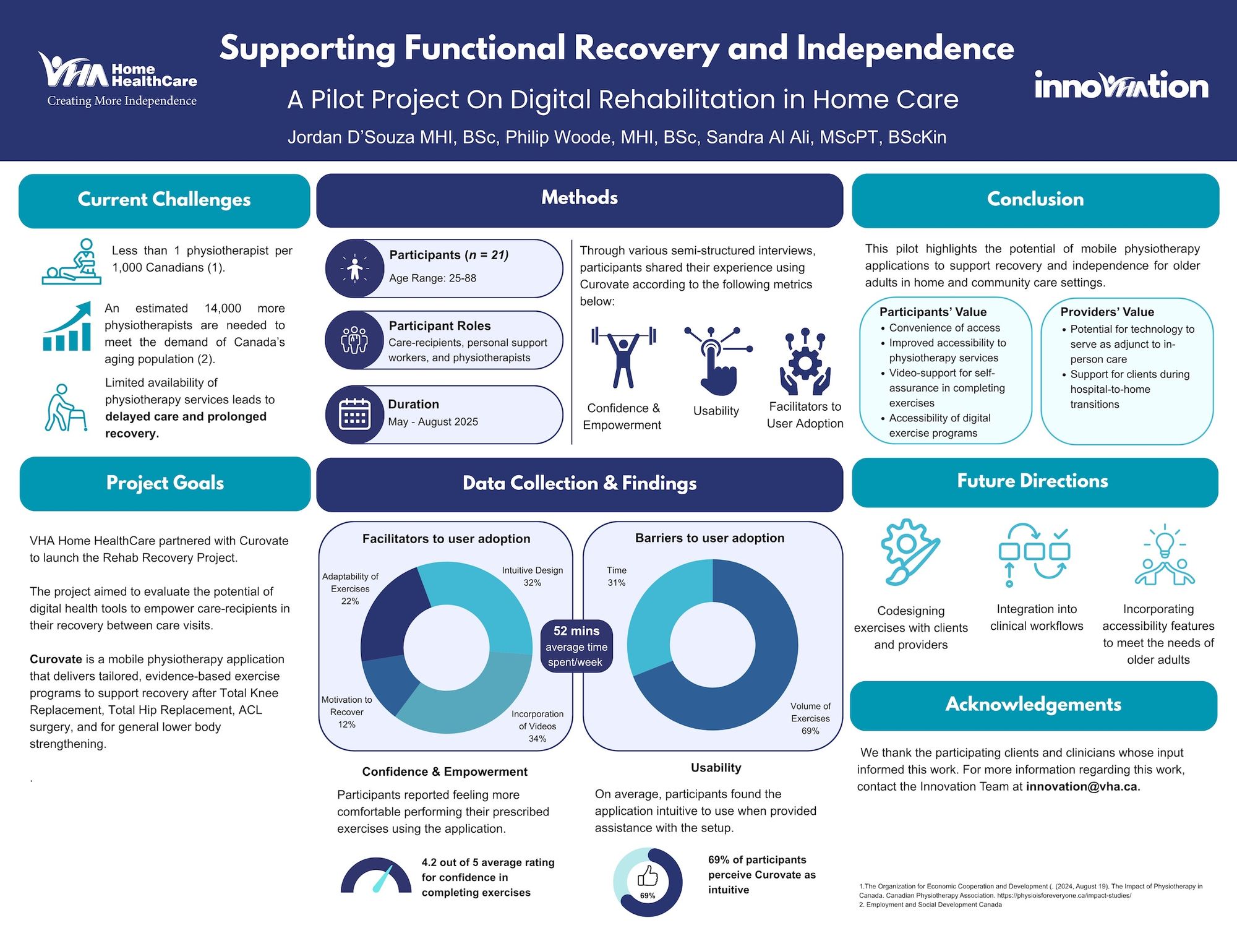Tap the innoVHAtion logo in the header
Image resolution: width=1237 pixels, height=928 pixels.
(x=1121, y=86)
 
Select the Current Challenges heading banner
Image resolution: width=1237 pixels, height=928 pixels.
(x=164, y=200)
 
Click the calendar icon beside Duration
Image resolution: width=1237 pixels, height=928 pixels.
(x=354, y=415)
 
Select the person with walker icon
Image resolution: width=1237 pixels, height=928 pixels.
(x=66, y=408)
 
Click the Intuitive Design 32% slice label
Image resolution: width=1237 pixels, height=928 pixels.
(x=532, y=576)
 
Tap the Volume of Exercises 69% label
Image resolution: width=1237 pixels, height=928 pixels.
(x=810, y=718)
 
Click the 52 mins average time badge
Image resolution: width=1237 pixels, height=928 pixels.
(x=576, y=646)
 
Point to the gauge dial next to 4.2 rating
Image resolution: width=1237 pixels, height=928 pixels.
(x=376, y=877)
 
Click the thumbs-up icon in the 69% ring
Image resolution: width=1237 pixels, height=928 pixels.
(x=648, y=875)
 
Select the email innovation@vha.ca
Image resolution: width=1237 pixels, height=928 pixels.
(x=1082, y=787)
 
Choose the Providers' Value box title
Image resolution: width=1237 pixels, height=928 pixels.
(x=1107, y=312)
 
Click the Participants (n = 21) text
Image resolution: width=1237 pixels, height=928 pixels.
(x=448, y=255)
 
